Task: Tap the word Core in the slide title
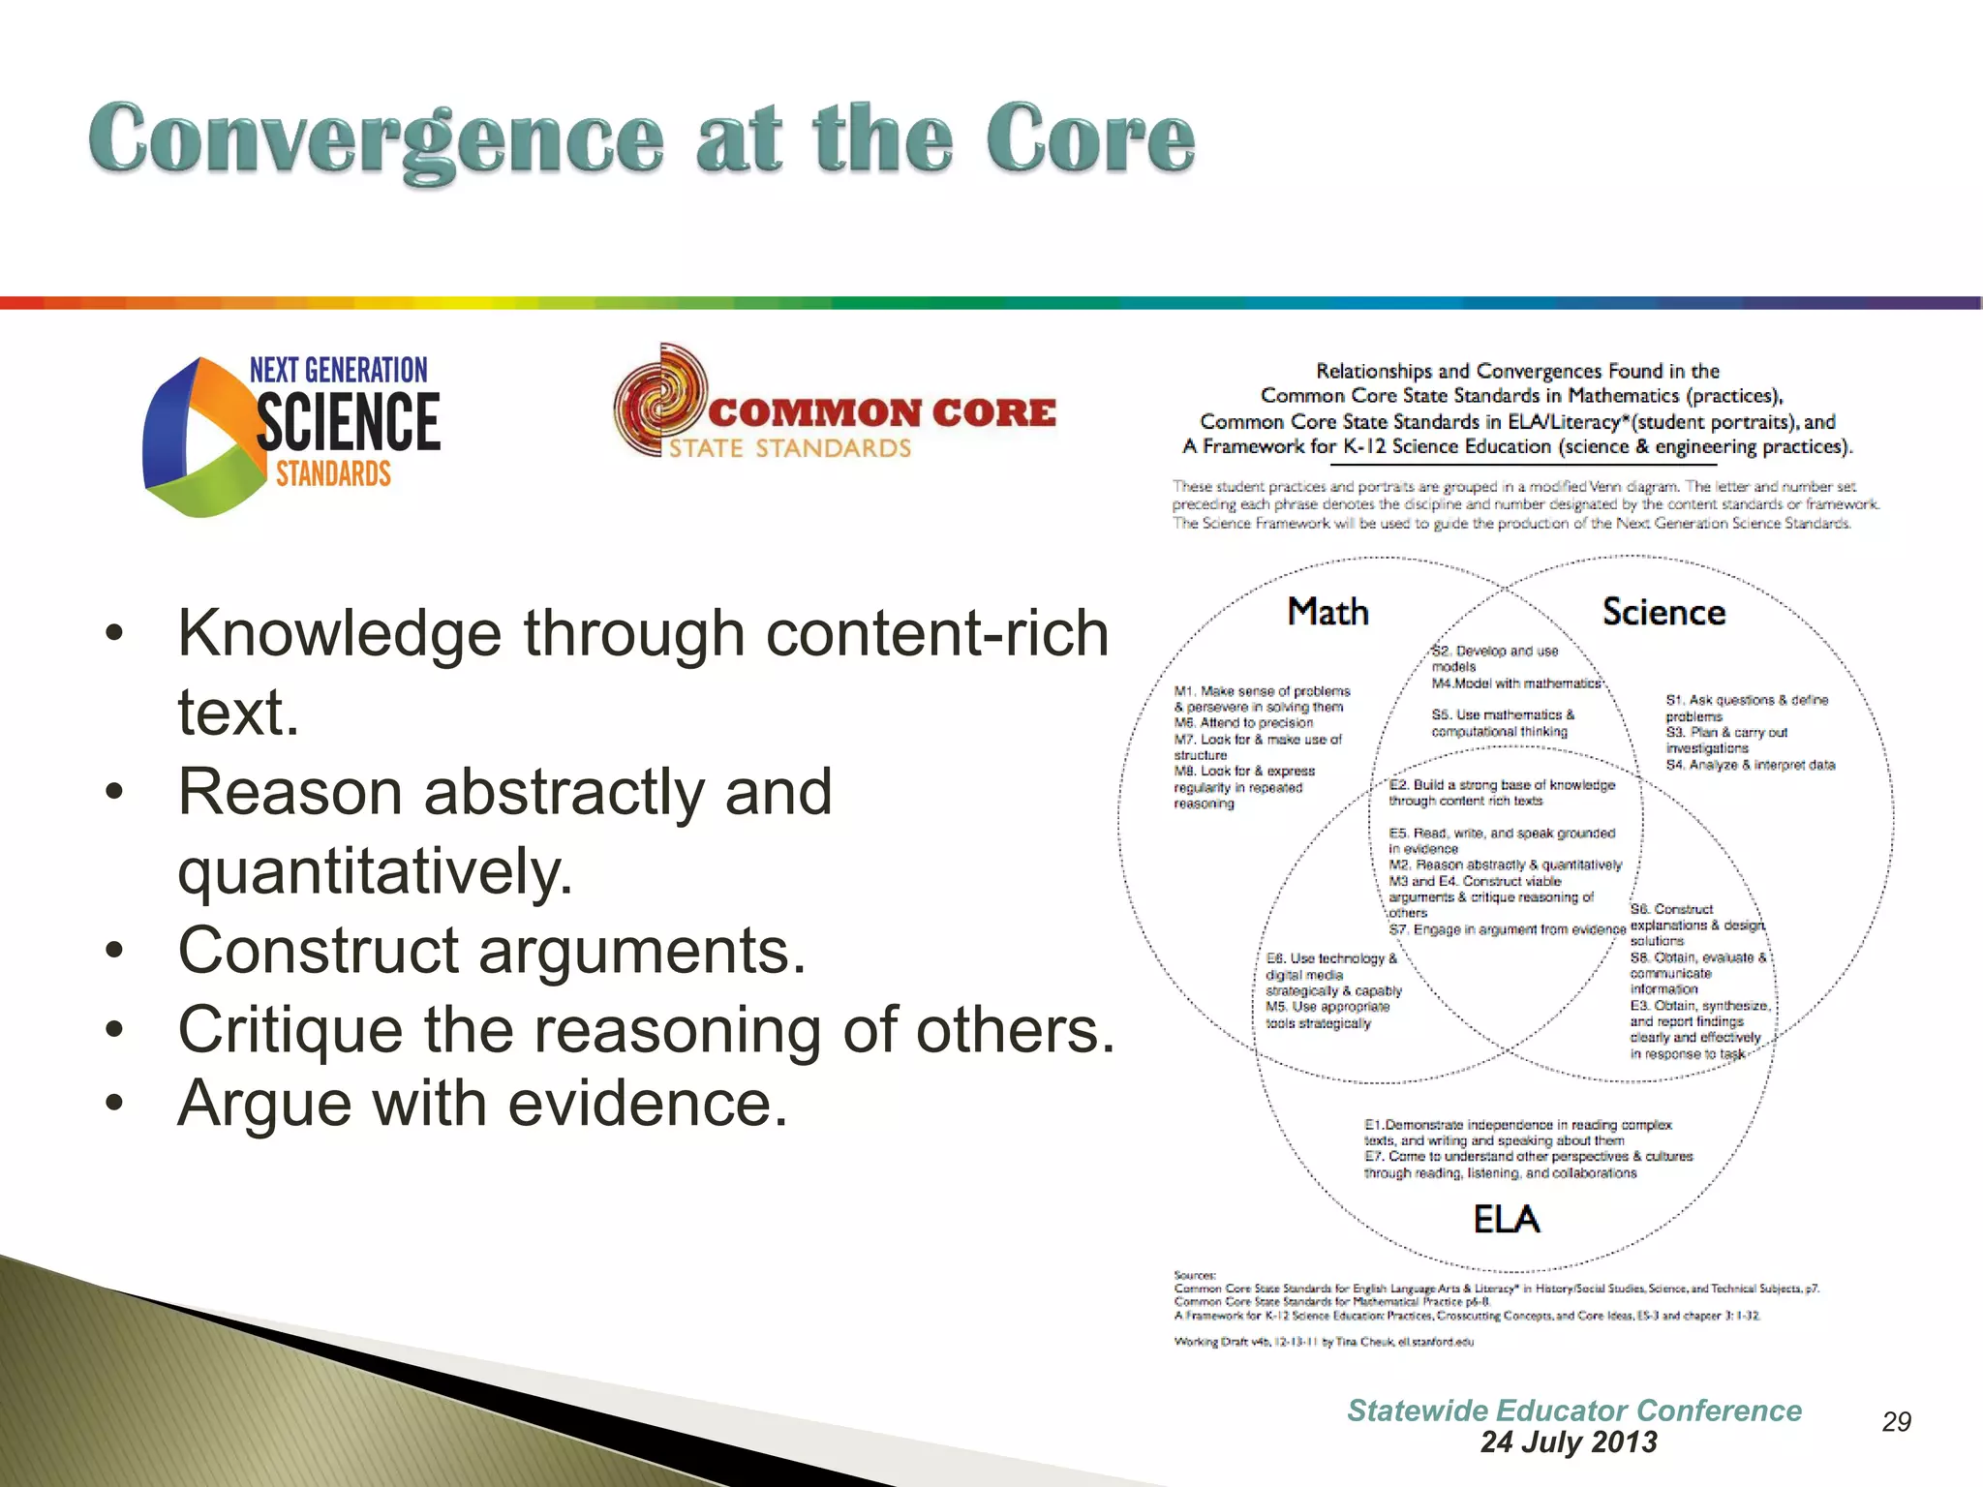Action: [x=1090, y=141]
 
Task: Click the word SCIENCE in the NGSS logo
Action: [x=348, y=422]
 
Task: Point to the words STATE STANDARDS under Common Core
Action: [x=790, y=448]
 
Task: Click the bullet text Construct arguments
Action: [x=492, y=950]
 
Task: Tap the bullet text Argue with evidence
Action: [x=482, y=1103]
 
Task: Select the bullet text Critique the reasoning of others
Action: [x=647, y=1028]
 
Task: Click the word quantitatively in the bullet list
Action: [x=376, y=870]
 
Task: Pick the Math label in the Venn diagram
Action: [x=1327, y=612]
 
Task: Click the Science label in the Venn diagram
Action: [x=1663, y=612]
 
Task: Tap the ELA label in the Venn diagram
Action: [x=1507, y=1219]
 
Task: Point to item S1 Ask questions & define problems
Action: [x=1746, y=707]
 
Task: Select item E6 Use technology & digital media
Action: [x=1332, y=966]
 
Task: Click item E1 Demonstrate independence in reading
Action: [x=1517, y=1132]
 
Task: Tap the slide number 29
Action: [x=1896, y=1421]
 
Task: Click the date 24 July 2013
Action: [x=1569, y=1441]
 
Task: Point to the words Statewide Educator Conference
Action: [x=1574, y=1411]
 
